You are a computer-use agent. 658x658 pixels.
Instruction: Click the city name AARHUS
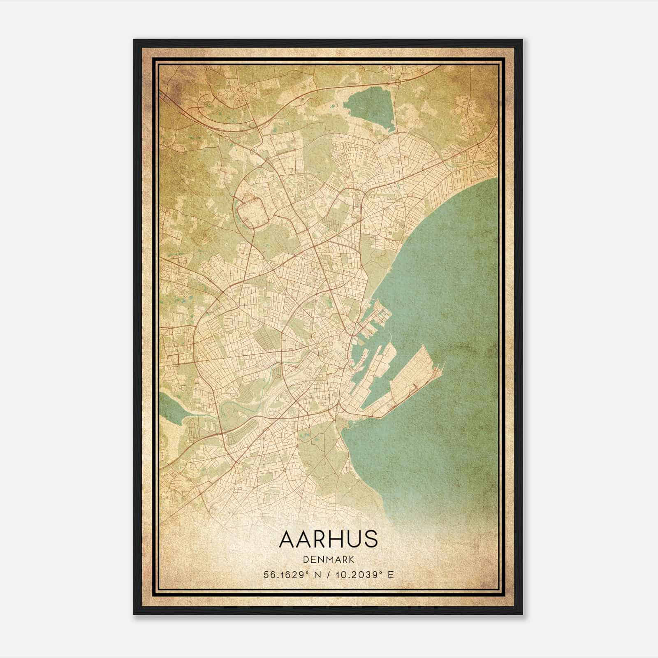(x=328, y=539)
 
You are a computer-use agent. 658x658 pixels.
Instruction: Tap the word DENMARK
(x=328, y=559)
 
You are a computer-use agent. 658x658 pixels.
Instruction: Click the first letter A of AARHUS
(x=287, y=539)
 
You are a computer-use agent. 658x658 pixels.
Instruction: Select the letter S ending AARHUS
(x=371, y=539)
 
